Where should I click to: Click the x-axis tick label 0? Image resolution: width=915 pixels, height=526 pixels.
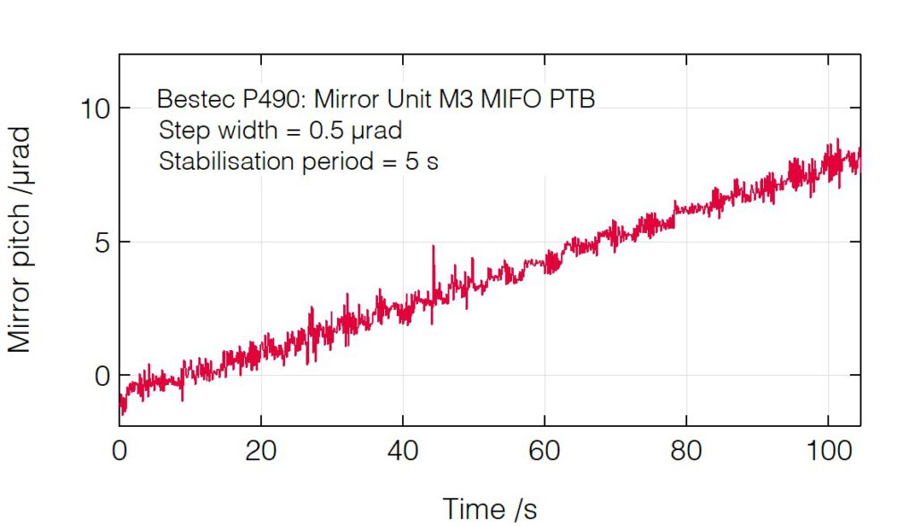119,452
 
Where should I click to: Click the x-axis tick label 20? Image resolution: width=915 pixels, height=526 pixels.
260,452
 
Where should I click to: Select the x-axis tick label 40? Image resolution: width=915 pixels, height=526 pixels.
403,452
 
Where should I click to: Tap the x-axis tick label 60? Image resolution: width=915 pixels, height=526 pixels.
545,452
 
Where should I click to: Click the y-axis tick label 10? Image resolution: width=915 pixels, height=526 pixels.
94,109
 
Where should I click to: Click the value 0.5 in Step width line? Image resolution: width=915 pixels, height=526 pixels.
323,130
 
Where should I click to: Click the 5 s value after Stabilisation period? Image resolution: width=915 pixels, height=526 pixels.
425,163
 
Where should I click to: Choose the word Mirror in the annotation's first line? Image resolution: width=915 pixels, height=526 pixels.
343,98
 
